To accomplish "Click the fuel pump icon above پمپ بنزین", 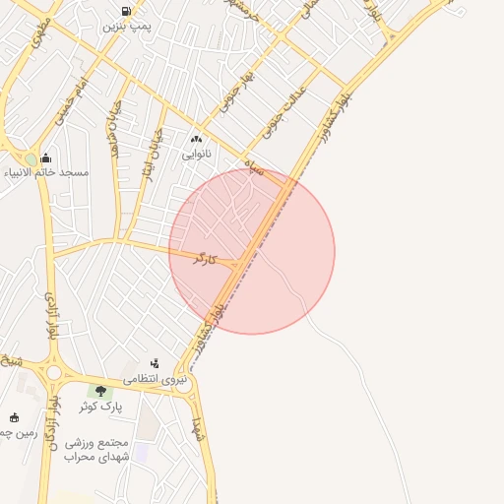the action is [124, 11].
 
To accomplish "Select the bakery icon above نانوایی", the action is [195, 140].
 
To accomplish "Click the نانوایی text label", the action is [196, 155].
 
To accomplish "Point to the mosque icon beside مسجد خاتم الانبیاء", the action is [45, 158].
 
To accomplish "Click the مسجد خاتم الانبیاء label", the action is [46, 173].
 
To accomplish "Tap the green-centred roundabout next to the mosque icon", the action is [31, 158].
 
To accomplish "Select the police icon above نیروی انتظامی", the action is [154, 363].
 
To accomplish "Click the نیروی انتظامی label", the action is [154, 378].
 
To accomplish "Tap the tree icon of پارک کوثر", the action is [100, 391].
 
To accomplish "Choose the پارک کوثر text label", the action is [100, 406].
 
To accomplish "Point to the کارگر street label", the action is [201, 259].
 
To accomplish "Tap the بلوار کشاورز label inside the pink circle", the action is [219, 310].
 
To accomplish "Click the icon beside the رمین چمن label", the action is [14, 417].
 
